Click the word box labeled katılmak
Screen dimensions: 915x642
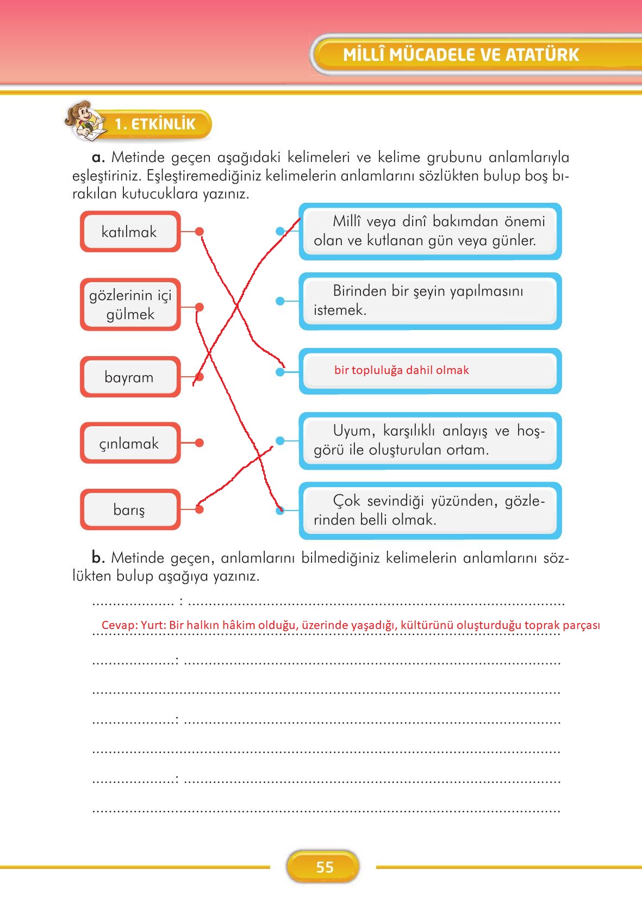tap(129, 232)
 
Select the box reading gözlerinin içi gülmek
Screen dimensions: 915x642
tap(130, 304)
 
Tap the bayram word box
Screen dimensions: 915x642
tap(129, 377)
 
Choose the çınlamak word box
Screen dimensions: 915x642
tap(129, 443)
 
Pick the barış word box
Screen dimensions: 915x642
tap(129, 509)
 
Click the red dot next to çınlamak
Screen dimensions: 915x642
tap(199, 443)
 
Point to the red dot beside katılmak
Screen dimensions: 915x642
tap(200, 232)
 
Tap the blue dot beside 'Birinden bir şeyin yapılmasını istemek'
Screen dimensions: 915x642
tap(280, 301)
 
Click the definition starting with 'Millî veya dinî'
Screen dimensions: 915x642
tap(429, 231)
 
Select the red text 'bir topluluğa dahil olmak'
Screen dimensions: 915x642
tap(401, 370)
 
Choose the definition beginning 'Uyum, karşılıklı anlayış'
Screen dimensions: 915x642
tap(429, 440)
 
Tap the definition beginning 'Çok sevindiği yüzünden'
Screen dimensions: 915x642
tap(429, 510)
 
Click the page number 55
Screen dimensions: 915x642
tap(324, 867)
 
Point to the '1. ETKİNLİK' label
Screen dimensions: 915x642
tap(155, 124)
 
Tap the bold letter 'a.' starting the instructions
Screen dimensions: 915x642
tap(98, 158)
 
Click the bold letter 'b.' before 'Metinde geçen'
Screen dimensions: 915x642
tap(98, 557)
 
